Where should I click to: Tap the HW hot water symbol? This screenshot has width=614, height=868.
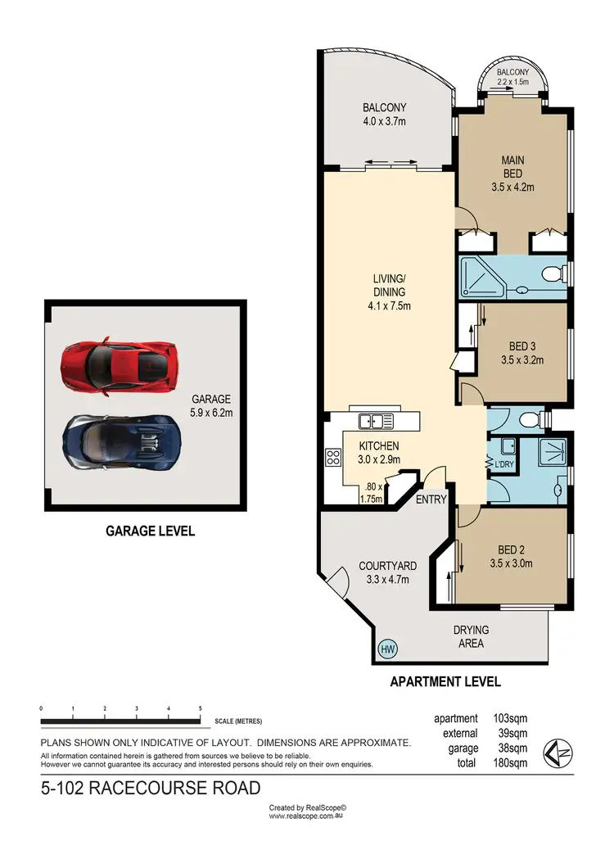point(387,649)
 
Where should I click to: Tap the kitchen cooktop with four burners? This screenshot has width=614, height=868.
point(333,458)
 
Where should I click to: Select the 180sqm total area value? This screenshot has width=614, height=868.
point(510,763)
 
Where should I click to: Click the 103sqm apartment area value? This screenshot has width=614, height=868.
point(510,719)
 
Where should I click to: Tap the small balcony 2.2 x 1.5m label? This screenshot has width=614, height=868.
point(514,77)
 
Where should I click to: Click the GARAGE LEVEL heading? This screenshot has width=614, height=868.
point(150,531)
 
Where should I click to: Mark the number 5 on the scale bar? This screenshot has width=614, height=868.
point(200,709)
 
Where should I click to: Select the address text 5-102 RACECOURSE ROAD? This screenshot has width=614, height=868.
point(151,789)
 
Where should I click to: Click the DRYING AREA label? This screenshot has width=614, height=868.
point(471,636)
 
